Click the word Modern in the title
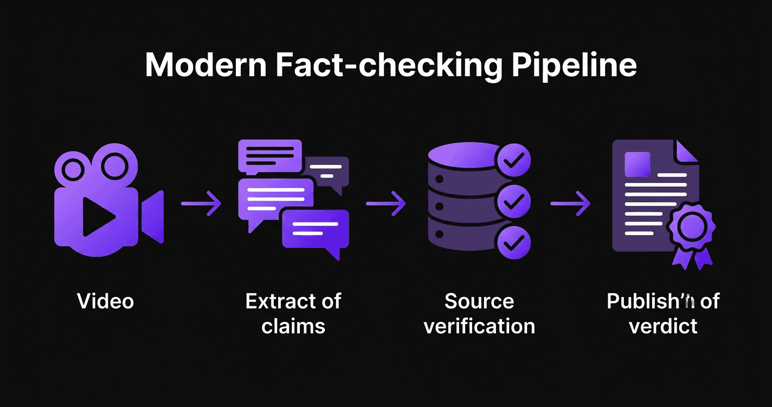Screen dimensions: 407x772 206,65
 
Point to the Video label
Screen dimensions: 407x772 106,301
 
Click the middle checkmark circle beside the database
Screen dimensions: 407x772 513,201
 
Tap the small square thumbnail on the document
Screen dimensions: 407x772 638,164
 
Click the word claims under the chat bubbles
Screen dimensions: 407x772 293,326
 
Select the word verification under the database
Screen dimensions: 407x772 479,326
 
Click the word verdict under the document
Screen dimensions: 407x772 663,326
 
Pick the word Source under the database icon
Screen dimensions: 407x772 479,301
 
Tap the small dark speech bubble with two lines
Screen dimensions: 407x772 326,171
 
